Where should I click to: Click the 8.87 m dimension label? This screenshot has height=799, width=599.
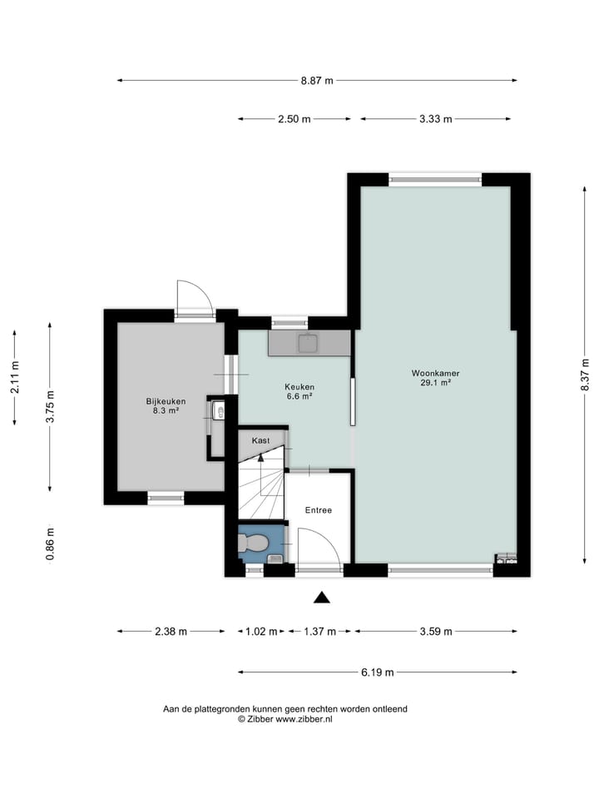[317, 81]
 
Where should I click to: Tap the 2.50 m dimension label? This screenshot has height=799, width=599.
[294, 119]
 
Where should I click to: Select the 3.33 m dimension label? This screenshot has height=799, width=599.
[435, 119]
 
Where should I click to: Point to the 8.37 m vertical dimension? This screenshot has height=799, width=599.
[585, 375]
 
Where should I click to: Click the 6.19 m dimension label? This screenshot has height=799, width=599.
[378, 672]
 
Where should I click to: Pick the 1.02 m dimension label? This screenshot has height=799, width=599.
[261, 632]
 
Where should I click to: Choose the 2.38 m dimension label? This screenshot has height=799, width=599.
[171, 632]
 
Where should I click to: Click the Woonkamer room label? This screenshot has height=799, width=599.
[435, 374]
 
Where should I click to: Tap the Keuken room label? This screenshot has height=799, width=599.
[299, 387]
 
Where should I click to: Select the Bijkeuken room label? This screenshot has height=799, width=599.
[166, 401]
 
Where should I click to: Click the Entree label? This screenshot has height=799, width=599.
[319, 510]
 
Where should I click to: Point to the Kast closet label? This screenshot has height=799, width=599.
[260, 441]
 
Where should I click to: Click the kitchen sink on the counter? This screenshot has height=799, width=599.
[309, 344]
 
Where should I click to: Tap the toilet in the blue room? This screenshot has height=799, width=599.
[253, 543]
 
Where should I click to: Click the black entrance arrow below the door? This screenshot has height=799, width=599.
[321, 598]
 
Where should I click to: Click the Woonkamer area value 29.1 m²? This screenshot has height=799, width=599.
[435, 383]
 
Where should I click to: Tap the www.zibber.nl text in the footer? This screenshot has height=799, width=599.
[304, 719]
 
